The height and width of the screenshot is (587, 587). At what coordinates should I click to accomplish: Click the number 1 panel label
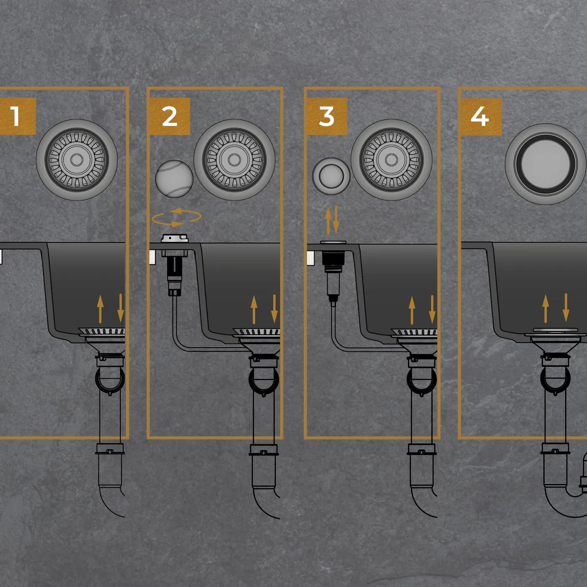16,116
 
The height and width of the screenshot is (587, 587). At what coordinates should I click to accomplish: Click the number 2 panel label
169,116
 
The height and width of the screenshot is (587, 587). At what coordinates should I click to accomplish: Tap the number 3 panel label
327,116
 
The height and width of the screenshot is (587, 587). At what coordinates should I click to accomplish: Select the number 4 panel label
481,117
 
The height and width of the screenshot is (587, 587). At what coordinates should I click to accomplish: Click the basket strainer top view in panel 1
77,160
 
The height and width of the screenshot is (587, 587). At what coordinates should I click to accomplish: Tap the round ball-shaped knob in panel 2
174,179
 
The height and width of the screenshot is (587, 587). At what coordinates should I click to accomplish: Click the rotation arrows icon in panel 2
177,217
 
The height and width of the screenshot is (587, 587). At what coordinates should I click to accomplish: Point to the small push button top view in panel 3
331,176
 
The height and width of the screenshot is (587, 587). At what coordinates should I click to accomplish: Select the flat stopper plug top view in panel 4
545,164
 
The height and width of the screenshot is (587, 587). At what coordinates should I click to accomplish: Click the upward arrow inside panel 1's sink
100,309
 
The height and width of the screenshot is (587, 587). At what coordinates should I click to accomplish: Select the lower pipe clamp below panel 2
264,450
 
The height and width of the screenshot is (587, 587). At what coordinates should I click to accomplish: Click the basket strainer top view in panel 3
392,160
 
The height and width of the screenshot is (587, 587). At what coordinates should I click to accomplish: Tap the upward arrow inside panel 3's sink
412,310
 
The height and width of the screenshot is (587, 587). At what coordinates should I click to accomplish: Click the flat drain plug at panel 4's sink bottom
555,330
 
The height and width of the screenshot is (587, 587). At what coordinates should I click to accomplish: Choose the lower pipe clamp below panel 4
555,449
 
